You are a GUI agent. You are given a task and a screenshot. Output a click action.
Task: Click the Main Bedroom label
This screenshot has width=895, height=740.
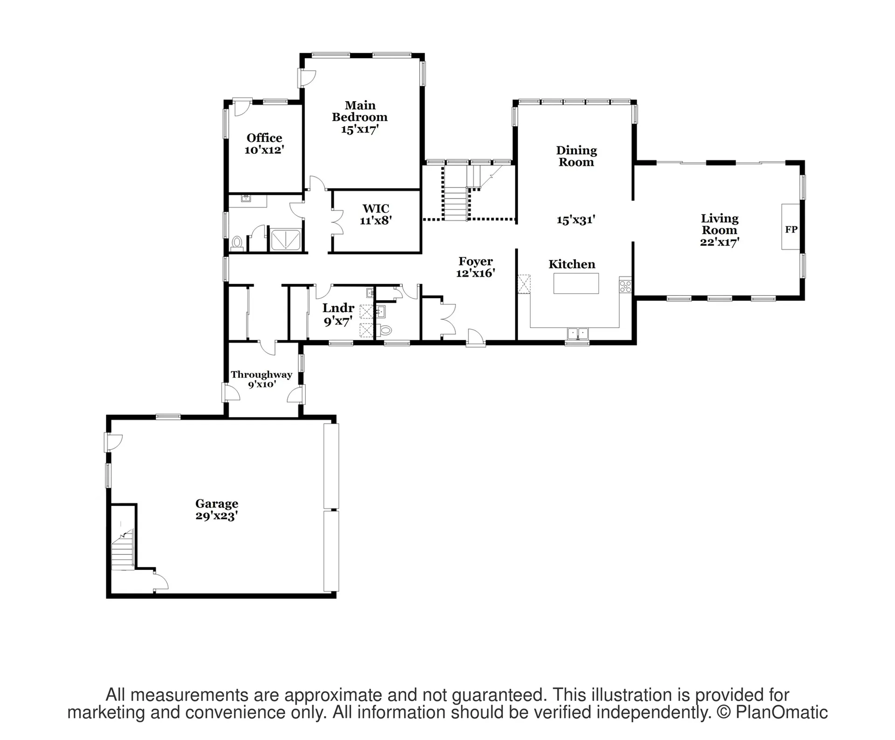coord(360,118)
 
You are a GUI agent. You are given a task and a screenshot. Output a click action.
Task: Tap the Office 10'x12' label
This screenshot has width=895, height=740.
coord(264,144)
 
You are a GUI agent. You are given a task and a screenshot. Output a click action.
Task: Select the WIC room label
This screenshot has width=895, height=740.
coord(376,214)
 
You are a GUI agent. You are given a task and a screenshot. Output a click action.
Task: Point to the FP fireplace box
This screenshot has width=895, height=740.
coord(791,227)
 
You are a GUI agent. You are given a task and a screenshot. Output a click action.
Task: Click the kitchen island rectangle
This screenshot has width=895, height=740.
coord(576,283)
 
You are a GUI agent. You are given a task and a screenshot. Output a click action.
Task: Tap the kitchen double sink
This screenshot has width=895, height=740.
coord(578,334)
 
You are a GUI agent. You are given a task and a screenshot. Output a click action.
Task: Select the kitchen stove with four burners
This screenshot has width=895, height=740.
coord(625,284)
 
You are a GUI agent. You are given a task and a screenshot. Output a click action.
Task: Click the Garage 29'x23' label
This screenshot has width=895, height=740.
coord(217,509)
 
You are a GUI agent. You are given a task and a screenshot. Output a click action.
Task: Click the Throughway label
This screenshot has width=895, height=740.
coord(262,374)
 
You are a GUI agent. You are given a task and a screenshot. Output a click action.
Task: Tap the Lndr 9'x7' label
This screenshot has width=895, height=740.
coord(338,314)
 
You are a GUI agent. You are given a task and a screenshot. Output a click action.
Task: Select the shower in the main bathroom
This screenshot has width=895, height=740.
coord(286,240)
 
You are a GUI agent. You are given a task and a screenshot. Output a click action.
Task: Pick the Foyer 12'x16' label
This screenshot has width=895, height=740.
coord(475,267)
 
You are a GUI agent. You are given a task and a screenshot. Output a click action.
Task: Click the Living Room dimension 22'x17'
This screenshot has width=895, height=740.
coord(720,242)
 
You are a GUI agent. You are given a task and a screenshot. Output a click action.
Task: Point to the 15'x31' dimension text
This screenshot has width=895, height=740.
coord(576,219)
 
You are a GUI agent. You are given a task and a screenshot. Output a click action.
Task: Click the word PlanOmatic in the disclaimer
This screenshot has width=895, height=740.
coord(782,712)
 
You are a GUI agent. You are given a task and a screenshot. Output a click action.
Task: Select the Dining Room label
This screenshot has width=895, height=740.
coord(576,156)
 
